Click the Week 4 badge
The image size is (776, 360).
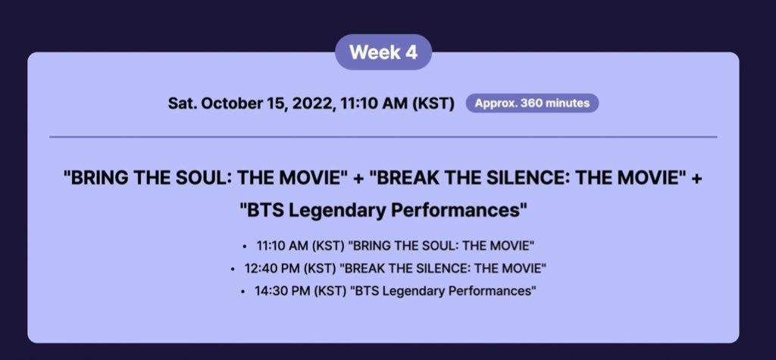[383, 52]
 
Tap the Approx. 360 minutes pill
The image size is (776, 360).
[532, 104]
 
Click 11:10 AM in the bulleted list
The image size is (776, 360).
[283, 246]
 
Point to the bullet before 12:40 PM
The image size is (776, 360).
[232, 269]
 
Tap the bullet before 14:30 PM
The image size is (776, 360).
[242, 292]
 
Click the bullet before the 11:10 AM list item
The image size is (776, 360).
[245, 246]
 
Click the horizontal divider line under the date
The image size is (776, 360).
[383, 136]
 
